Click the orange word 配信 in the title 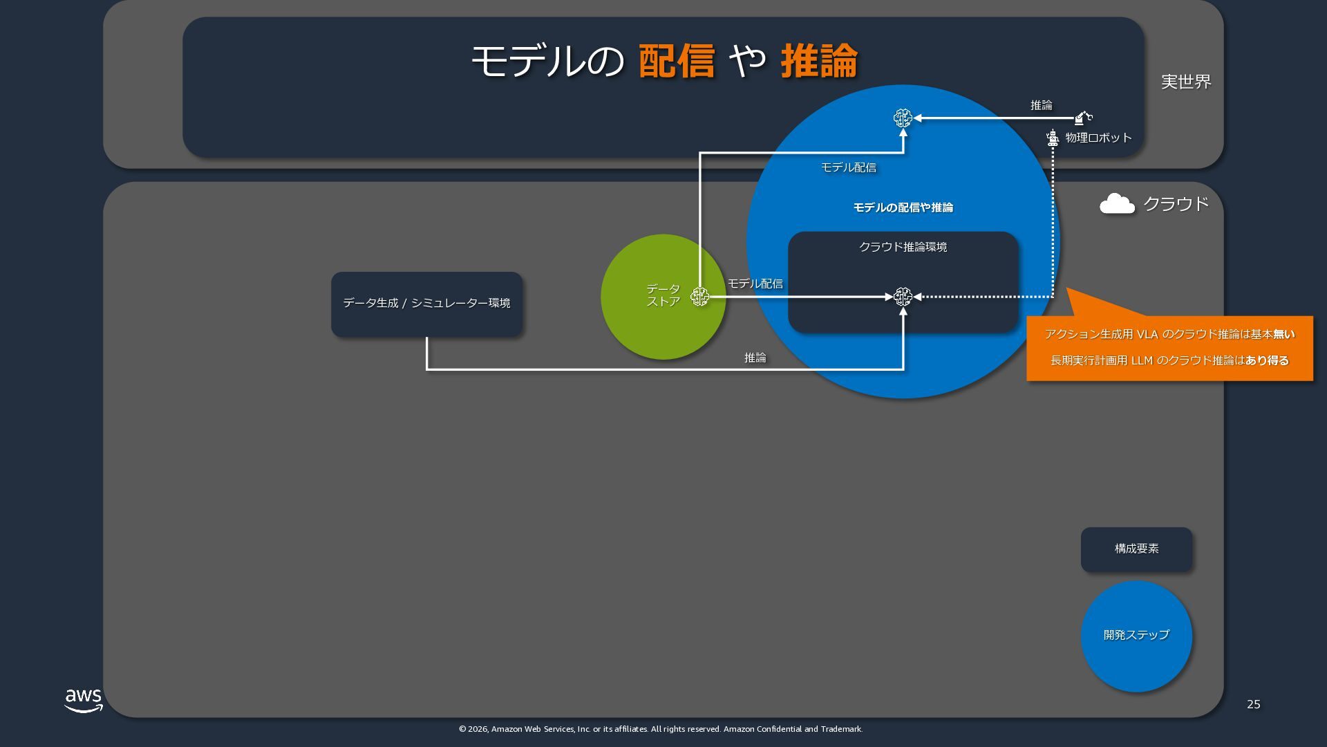[676, 61]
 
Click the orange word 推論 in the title [819, 61]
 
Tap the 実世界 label [1186, 82]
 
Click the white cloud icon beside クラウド [1117, 204]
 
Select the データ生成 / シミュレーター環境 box [426, 304]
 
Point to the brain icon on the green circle [699, 297]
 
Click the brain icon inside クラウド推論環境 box [903, 297]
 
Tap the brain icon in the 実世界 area [903, 118]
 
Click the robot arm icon [1083, 118]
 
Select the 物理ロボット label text [1098, 138]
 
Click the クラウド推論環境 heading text [903, 247]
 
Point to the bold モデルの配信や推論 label [903, 207]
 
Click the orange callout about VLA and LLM [1169, 347]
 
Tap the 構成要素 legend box [1136, 549]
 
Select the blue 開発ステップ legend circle [1136, 636]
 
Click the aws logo [84, 700]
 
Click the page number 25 [1253, 704]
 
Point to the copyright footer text [660, 729]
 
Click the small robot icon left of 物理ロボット [1053, 138]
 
